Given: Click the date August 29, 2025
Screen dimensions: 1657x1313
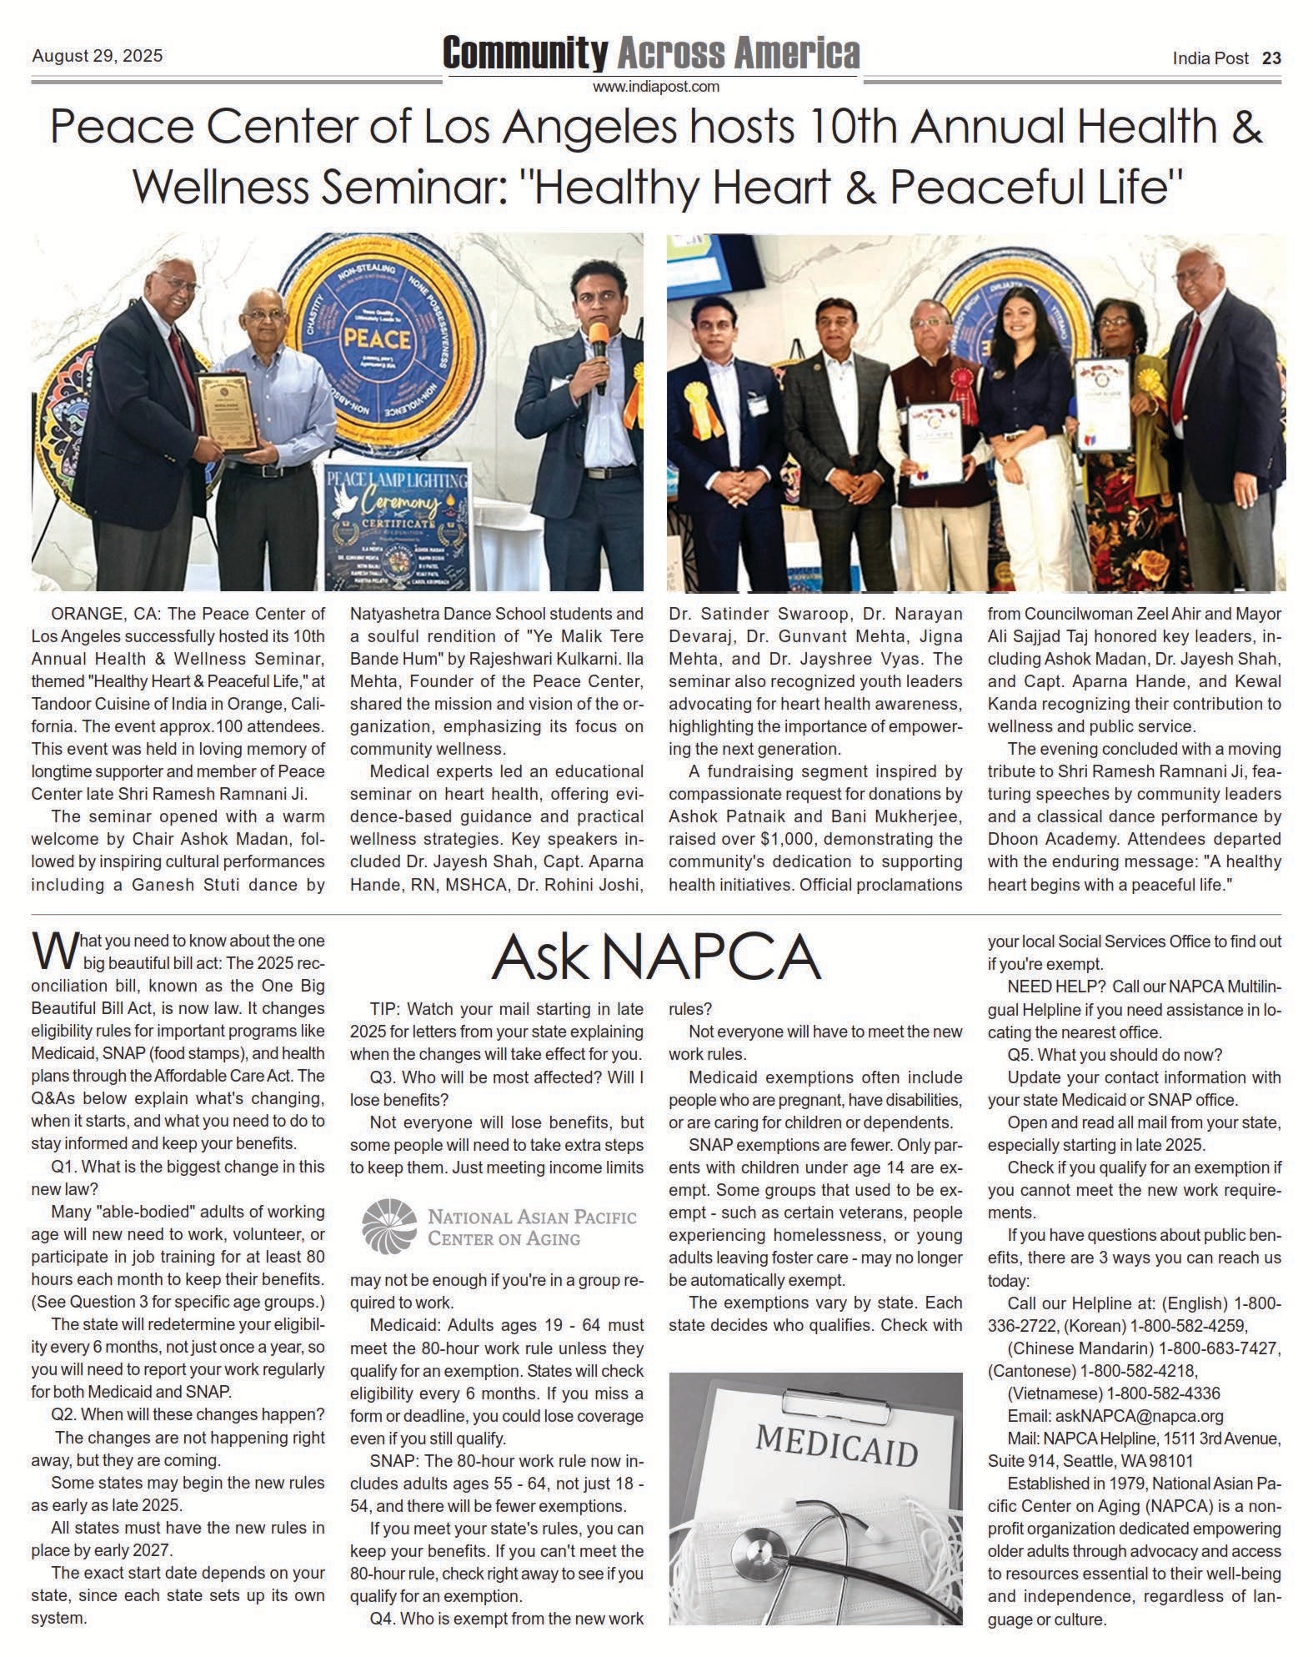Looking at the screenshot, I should (x=97, y=57).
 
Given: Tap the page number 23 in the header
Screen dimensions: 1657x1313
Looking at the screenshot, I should (x=1271, y=58).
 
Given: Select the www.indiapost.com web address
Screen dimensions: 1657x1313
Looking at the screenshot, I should (x=655, y=86).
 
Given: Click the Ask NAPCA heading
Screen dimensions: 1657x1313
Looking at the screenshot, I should (x=656, y=957).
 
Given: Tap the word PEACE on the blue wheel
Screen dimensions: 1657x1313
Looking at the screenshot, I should (x=377, y=339).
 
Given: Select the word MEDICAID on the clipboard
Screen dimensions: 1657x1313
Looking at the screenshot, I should (x=836, y=1447).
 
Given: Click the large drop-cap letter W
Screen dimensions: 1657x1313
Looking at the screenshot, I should (x=49, y=950).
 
